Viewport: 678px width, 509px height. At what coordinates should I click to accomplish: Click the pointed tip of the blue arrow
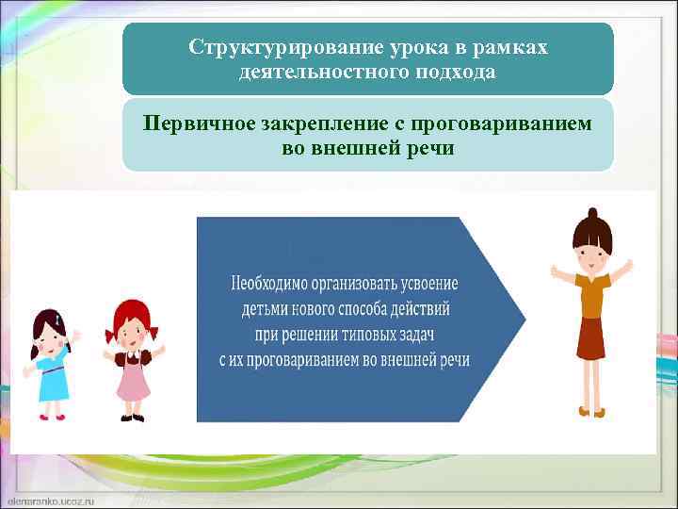(x=523, y=320)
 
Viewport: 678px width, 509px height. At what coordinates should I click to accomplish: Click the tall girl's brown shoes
(x=591, y=412)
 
